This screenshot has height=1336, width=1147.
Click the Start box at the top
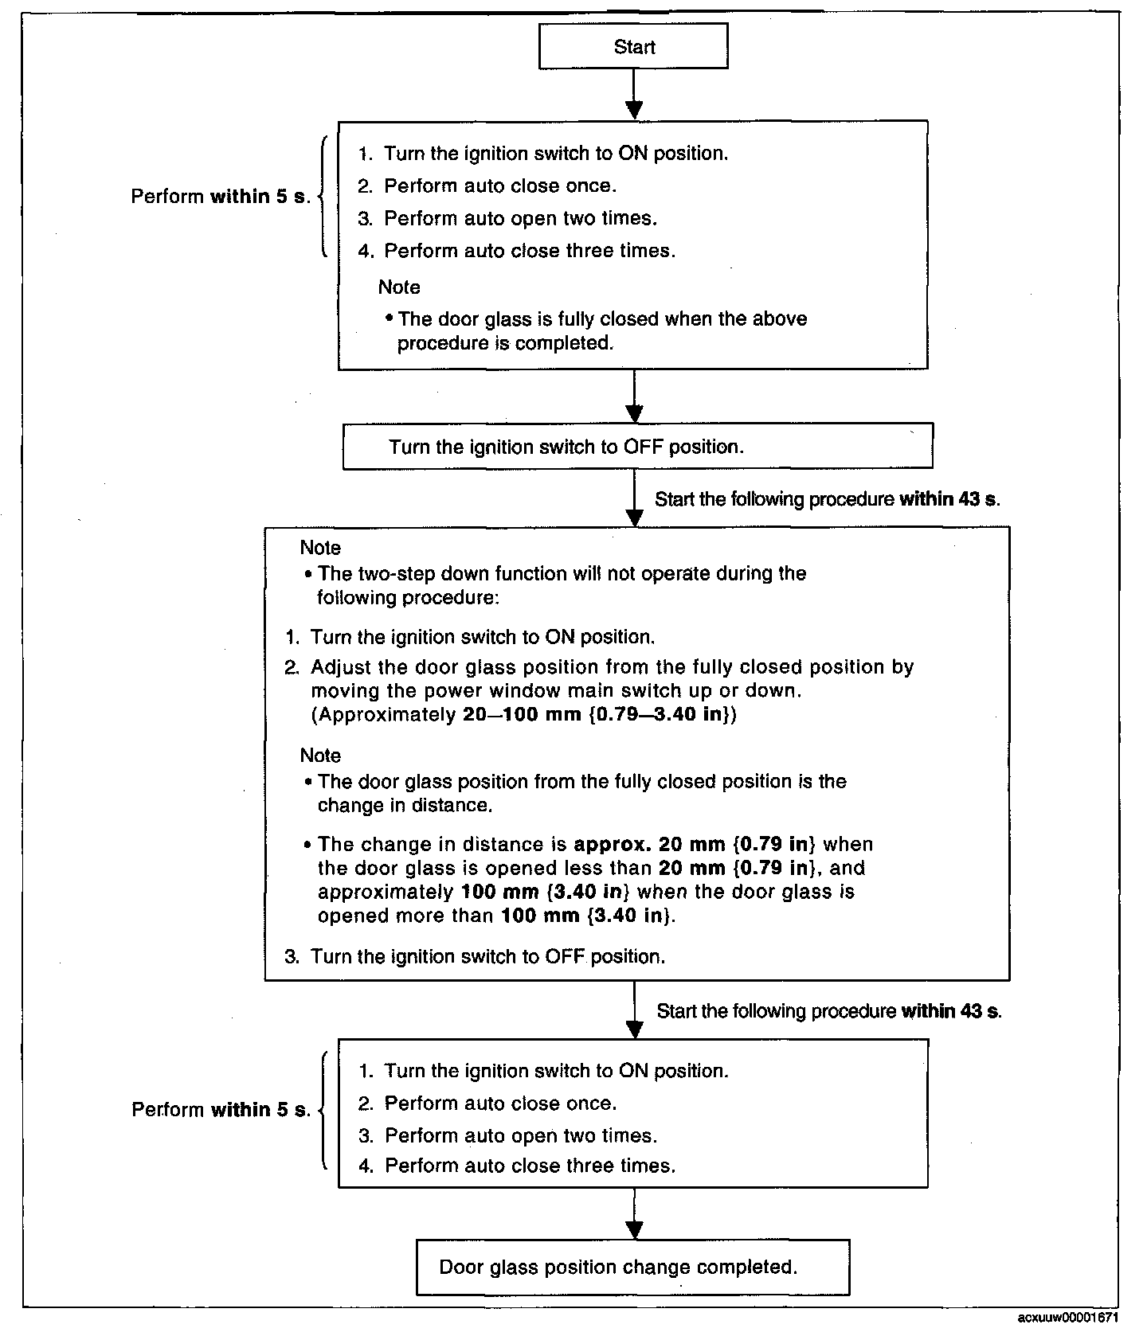(x=634, y=46)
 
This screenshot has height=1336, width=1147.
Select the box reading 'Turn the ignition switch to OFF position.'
(x=637, y=446)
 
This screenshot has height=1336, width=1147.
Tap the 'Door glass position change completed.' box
(x=632, y=1267)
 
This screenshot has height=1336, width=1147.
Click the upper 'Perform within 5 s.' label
(x=221, y=197)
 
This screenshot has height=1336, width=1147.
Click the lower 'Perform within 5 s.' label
(x=221, y=1110)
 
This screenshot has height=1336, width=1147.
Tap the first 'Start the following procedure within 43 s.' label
(x=827, y=499)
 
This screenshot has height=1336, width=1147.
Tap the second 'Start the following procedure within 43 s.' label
(x=828, y=1011)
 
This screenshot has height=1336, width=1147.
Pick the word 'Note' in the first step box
(x=399, y=287)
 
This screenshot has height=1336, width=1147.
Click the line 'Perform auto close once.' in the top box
(x=499, y=186)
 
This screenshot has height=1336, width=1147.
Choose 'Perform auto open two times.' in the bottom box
(x=521, y=1135)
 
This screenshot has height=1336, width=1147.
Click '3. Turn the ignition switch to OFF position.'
(x=475, y=956)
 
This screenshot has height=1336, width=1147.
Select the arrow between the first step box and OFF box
(x=634, y=397)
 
